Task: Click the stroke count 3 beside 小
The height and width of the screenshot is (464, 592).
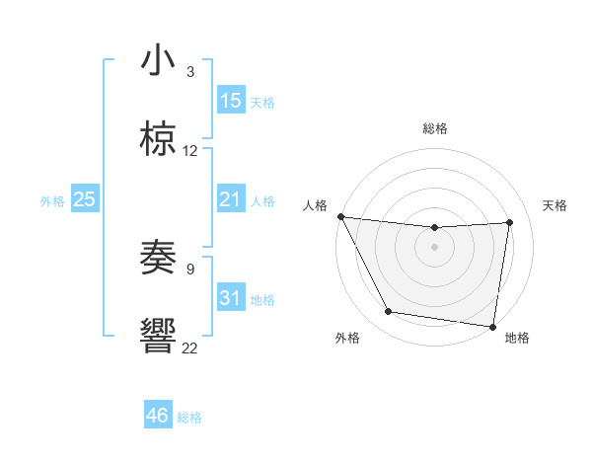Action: tap(190, 71)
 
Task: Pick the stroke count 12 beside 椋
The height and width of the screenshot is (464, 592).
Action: tap(190, 151)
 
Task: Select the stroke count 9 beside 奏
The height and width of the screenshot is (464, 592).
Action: tap(190, 267)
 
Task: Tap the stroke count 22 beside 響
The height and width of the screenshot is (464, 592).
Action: tap(190, 348)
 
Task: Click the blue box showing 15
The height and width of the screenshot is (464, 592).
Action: tap(231, 101)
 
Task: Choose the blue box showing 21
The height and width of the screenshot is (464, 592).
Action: tap(231, 199)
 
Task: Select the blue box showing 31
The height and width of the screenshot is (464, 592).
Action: tap(231, 298)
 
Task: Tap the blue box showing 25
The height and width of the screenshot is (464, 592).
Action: tap(85, 199)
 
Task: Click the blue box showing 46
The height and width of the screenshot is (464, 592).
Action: tap(158, 416)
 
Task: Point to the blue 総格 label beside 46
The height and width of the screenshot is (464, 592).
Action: tap(189, 418)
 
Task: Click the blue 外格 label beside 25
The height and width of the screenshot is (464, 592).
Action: tap(52, 201)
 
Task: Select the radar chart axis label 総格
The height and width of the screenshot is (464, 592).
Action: tap(435, 128)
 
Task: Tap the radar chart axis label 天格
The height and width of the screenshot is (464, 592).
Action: tap(555, 205)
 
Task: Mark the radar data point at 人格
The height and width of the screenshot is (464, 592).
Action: tap(340, 216)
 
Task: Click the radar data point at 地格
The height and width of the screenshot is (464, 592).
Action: tap(493, 326)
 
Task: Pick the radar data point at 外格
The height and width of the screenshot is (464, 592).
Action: tap(388, 313)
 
